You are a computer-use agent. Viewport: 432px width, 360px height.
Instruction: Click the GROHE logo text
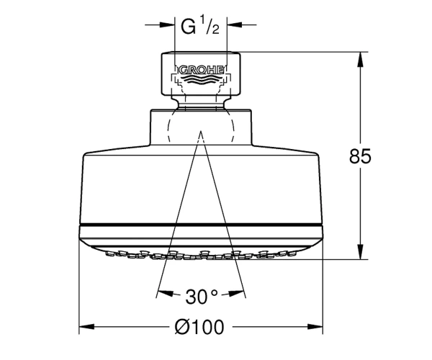202,71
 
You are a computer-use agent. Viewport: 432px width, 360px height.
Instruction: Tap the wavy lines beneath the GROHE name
202,80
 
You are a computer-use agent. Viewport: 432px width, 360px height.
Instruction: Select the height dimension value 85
360,156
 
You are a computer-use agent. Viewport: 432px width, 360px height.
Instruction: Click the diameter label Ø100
199,327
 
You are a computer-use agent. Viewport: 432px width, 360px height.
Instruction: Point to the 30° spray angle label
202,297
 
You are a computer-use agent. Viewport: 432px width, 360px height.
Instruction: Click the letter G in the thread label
188,27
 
